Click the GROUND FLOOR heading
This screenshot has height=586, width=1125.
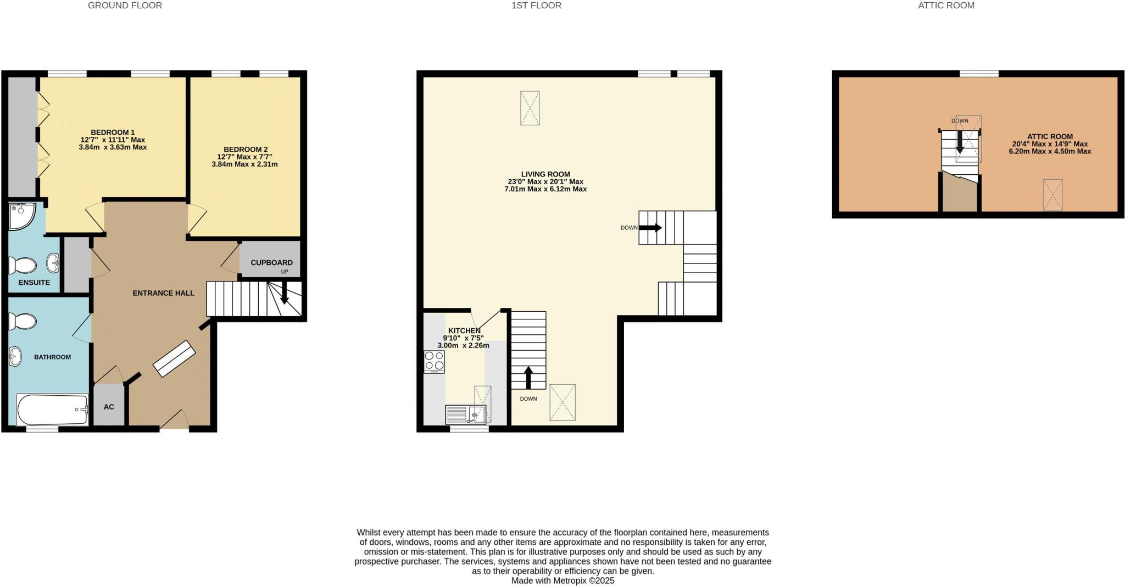pyautogui.click(x=125, y=5)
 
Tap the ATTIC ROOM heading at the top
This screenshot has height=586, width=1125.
pyautogui.click(x=946, y=5)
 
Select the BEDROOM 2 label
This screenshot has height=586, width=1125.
pyautogui.click(x=246, y=150)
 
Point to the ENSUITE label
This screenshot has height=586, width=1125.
pyautogui.click(x=34, y=283)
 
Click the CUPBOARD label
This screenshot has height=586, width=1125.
pyautogui.click(x=271, y=263)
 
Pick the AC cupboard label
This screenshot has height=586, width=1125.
pyautogui.click(x=109, y=407)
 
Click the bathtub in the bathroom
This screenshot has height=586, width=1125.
pyautogui.click(x=52, y=410)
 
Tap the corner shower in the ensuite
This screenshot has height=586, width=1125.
pyautogui.click(x=21, y=215)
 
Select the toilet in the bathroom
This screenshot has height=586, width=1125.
pyautogui.click(x=23, y=321)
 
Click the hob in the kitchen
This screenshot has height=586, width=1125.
pyautogui.click(x=434, y=361)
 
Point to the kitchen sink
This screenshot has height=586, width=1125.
pyautogui.click(x=466, y=413)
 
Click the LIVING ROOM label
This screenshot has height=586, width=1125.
pyautogui.click(x=545, y=174)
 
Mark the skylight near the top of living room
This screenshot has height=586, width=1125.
pyautogui.click(x=530, y=108)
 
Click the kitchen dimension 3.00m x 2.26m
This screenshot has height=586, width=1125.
pyautogui.click(x=463, y=346)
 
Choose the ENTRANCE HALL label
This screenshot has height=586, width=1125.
pyautogui.click(x=163, y=293)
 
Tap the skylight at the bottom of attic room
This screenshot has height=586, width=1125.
pyautogui.click(x=1053, y=195)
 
